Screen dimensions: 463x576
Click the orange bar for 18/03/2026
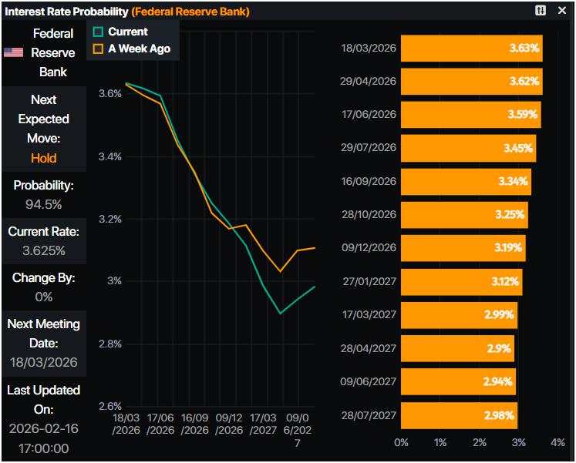471,49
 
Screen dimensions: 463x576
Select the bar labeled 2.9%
457,348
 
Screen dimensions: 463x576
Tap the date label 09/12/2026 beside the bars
369,248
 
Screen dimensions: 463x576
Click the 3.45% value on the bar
518,148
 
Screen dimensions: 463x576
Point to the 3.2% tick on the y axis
109,219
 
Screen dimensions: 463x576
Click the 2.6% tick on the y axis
109,406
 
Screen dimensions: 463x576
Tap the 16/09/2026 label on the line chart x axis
196,424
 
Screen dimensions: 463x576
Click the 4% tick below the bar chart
558,442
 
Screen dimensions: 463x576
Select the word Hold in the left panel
44,158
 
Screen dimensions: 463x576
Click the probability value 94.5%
44,205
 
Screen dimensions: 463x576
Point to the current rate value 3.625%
44,250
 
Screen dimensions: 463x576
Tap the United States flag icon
13,52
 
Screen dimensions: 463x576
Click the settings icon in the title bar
541,11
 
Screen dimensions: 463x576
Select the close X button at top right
563,11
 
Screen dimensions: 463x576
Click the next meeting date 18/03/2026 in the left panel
44,362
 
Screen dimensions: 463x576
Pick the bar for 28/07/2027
459,415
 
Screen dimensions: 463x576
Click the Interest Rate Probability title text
66,12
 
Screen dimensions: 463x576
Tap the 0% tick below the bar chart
401,442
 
